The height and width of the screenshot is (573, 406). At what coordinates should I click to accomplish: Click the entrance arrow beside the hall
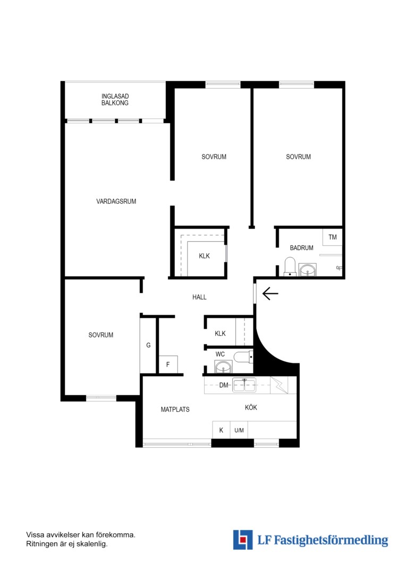click(x=270, y=293)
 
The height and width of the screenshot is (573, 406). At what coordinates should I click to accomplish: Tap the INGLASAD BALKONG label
click(x=115, y=99)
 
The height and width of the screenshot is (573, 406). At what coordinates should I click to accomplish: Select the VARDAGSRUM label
click(x=116, y=201)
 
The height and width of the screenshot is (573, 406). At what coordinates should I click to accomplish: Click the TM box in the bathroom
click(x=333, y=237)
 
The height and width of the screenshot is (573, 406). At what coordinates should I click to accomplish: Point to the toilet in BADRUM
click(x=290, y=266)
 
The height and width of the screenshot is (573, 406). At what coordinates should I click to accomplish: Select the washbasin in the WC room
click(x=223, y=367)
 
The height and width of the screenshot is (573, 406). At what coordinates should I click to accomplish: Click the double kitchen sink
click(x=244, y=385)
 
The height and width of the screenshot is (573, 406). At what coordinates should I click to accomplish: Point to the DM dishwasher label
click(x=224, y=385)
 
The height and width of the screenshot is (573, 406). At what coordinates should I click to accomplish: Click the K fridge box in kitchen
click(x=221, y=430)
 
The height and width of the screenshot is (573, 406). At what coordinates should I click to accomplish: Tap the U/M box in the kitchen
click(x=239, y=430)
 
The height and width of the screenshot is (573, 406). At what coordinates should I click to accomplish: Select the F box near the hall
click(x=168, y=364)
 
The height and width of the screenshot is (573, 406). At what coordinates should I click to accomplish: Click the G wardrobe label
click(x=148, y=345)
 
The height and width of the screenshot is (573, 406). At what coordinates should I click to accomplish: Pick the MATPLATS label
click(x=175, y=409)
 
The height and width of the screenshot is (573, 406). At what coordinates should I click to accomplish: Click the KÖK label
click(x=251, y=407)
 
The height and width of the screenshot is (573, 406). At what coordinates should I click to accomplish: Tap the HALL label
click(x=199, y=297)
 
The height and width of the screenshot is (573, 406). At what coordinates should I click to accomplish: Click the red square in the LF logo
click(x=242, y=540)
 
